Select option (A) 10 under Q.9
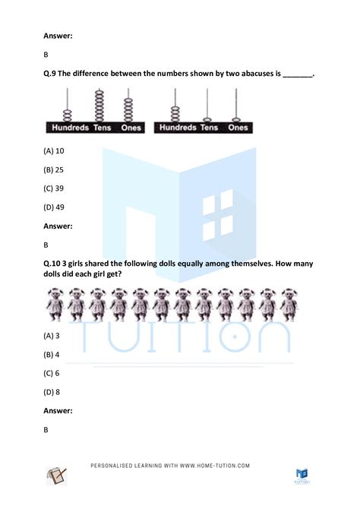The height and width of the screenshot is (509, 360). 54,151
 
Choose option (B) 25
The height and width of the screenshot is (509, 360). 54,169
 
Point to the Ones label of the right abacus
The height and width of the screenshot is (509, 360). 238,128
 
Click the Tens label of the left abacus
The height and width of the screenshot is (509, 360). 102,128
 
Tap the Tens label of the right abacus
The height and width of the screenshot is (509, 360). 208,128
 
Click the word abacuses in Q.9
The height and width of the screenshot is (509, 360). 254,74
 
